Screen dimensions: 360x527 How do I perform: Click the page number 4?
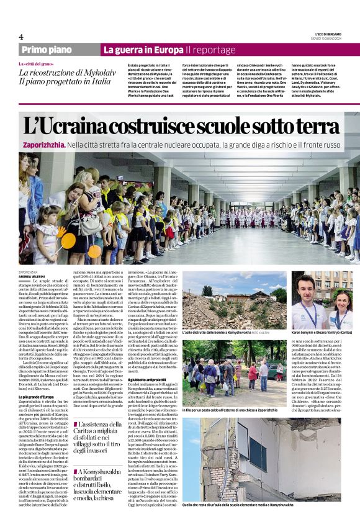tap(20, 37)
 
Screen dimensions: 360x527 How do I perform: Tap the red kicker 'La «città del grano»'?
tap(35, 65)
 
